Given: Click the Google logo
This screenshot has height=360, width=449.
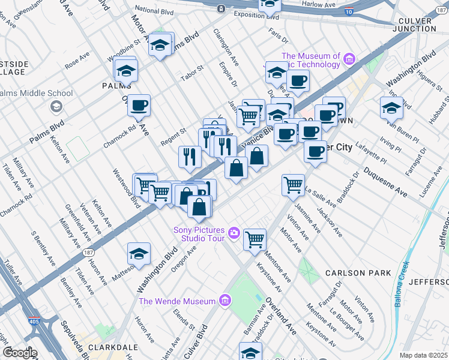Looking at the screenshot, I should coord(20,352).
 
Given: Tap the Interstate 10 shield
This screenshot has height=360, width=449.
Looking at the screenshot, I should coord(348,12).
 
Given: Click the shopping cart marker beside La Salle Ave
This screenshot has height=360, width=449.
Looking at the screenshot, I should coord(293,185).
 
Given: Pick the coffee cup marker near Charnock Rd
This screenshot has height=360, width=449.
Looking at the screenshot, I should coord(139,106).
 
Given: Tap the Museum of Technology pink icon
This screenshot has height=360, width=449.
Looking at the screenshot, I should coord(348,59).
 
